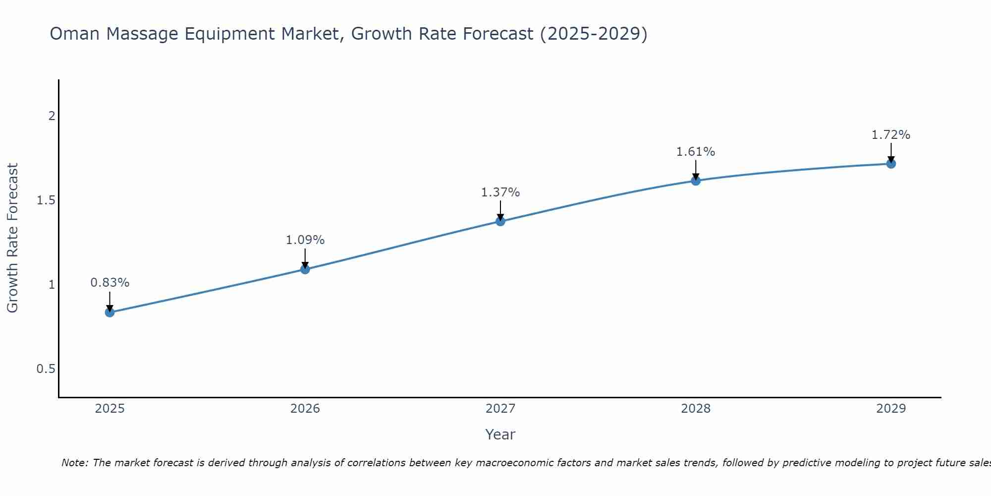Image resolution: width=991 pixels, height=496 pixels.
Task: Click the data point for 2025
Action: point(110,312)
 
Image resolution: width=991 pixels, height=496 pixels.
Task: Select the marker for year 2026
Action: point(305,269)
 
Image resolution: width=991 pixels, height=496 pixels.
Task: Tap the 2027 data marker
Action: point(500,221)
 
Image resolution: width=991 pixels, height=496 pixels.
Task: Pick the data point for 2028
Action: point(696,181)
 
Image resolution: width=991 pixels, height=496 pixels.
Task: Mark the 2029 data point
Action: point(891,163)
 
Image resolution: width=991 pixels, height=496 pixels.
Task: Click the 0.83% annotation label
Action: point(110,283)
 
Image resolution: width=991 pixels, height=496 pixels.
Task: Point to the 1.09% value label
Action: point(305,240)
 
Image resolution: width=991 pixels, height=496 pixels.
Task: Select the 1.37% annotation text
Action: point(500,192)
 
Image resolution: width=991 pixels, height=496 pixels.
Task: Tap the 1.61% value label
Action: point(696,152)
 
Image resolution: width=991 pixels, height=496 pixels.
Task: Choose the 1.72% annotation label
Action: point(891,135)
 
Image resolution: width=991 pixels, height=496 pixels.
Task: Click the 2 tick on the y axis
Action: point(52,116)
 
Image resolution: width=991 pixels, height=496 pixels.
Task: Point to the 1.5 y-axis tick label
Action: point(46,200)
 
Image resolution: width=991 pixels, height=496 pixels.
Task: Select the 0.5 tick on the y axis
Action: point(46,369)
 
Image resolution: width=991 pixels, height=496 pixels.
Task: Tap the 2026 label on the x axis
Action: point(305,409)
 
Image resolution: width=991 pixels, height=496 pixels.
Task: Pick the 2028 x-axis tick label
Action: point(696,409)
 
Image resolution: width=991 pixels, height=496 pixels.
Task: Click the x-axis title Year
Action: point(500,434)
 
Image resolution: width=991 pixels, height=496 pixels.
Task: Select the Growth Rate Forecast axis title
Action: point(12,238)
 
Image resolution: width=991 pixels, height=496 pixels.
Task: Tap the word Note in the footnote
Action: point(74,463)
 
